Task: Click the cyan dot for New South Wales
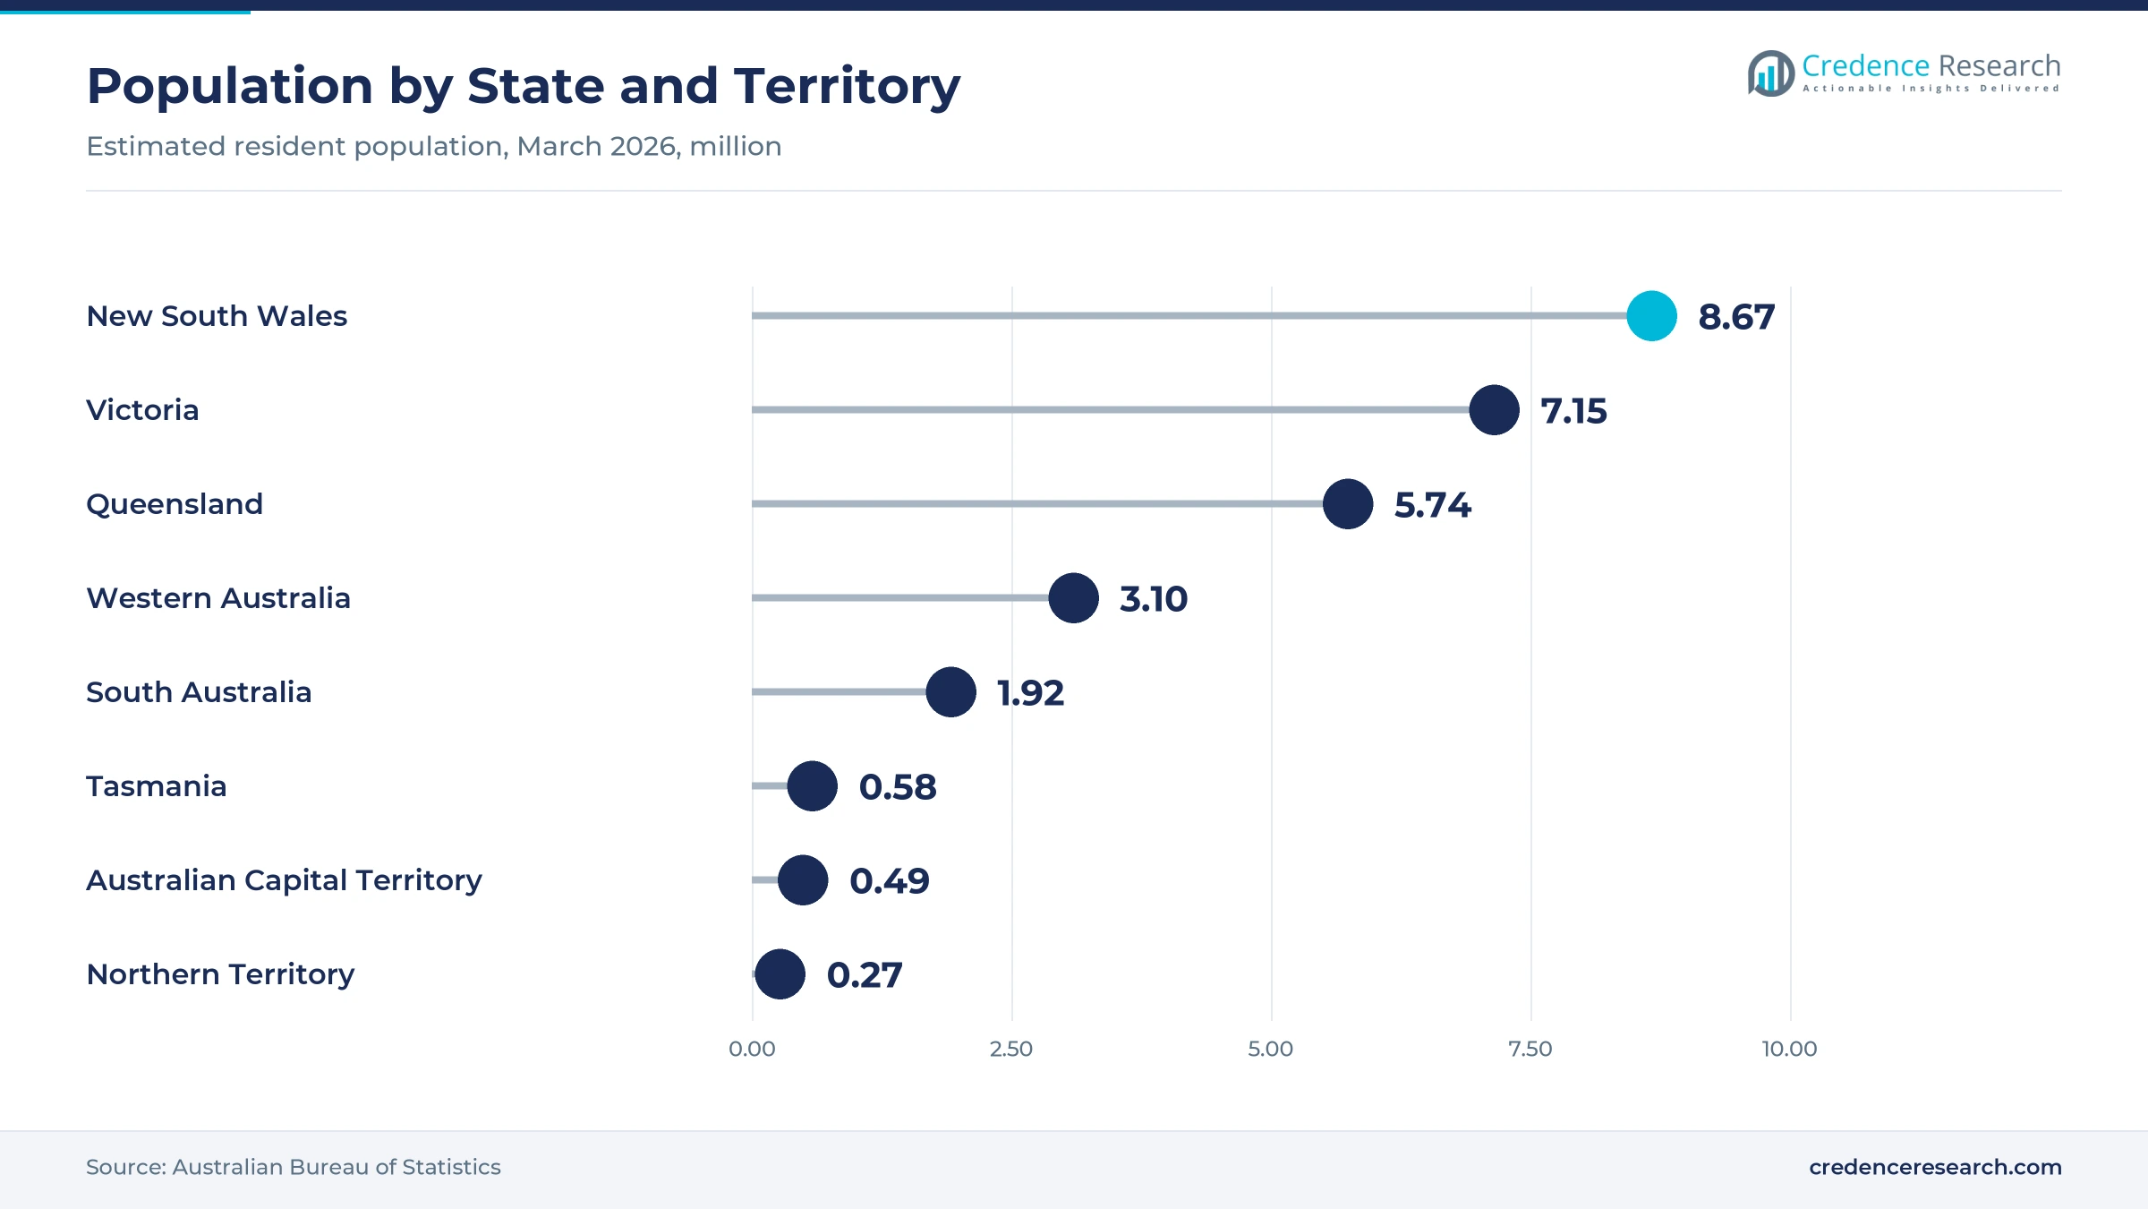[1651, 316]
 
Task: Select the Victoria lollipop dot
[1494, 410]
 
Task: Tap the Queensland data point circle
[1348, 504]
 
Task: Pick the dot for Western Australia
[1073, 598]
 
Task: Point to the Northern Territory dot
[780, 974]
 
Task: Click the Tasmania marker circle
[812, 786]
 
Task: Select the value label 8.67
[1736, 317]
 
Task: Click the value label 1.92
[1030, 693]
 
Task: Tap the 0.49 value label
[890, 881]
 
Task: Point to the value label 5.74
[1433, 505]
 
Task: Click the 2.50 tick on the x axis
[1011, 1049]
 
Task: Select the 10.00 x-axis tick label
[1790, 1049]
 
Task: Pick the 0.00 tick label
[752, 1049]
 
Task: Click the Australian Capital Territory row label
[284, 881]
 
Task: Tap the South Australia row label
[199, 692]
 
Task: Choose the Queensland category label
[175, 504]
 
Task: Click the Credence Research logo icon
[1770, 73]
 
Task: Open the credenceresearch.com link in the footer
[1935, 1167]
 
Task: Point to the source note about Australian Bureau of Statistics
[294, 1167]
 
